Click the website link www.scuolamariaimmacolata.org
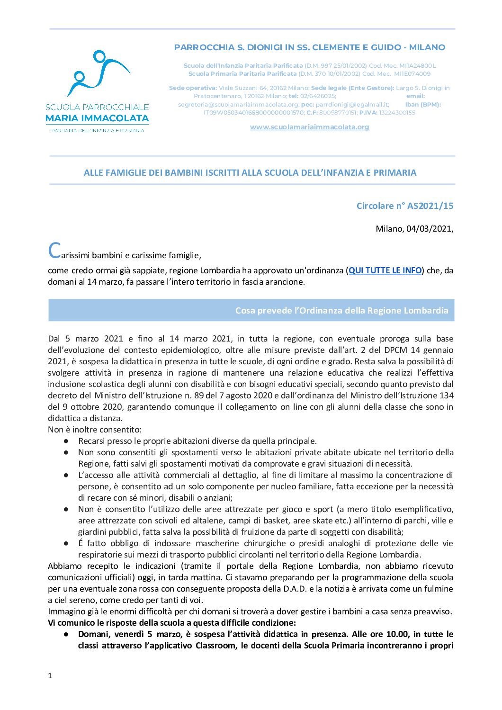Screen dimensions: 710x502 coord(309,127)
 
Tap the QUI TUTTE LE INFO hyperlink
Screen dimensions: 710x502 coord(385,270)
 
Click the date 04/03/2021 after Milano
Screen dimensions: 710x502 coord(429,229)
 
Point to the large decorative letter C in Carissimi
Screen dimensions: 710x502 coord(54,251)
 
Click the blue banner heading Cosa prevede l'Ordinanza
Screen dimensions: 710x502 coord(341,311)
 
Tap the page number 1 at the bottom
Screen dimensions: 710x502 coord(50,676)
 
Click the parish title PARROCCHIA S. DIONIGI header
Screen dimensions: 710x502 coord(309,47)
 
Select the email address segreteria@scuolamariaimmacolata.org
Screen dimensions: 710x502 coord(238,105)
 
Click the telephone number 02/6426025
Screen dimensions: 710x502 coord(318,96)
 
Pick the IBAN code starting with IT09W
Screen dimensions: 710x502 coord(253,113)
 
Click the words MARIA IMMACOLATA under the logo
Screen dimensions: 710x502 coord(97,118)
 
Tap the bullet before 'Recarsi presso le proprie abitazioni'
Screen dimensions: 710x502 coord(66,441)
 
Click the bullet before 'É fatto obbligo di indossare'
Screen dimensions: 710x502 coord(66,543)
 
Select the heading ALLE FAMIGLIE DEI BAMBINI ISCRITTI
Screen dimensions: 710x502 coord(250,173)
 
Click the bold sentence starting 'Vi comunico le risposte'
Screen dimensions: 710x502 coord(172,623)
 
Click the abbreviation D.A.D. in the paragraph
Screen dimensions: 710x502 coord(296,589)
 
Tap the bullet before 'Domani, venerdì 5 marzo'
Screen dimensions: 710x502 coord(66,634)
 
